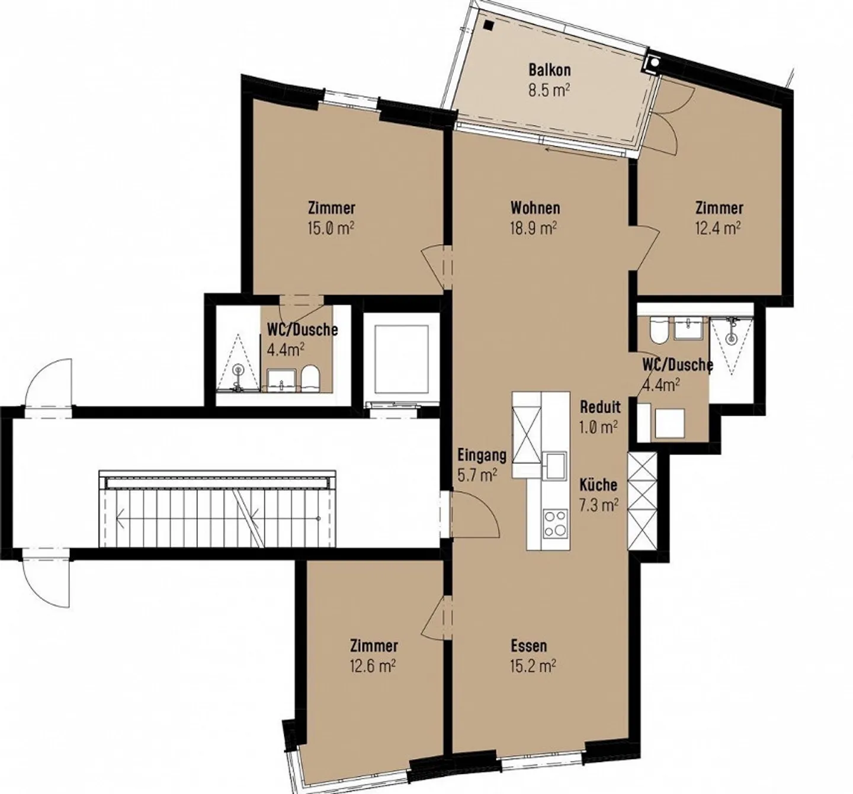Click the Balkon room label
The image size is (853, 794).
[x=549, y=70]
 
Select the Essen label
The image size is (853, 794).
[x=528, y=645]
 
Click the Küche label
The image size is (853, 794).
[x=598, y=485]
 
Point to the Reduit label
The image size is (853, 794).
[x=600, y=407]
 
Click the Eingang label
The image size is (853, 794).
[x=482, y=455]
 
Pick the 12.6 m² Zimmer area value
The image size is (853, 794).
[x=373, y=666]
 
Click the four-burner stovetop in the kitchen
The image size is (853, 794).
[x=555, y=523]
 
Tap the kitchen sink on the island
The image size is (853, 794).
[x=555, y=465]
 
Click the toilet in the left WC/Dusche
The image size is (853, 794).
[x=310, y=378]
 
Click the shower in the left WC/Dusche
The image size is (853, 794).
[x=238, y=363]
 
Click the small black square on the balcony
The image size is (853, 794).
[x=488, y=25]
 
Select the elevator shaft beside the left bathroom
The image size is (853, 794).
[x=401, y=358]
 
